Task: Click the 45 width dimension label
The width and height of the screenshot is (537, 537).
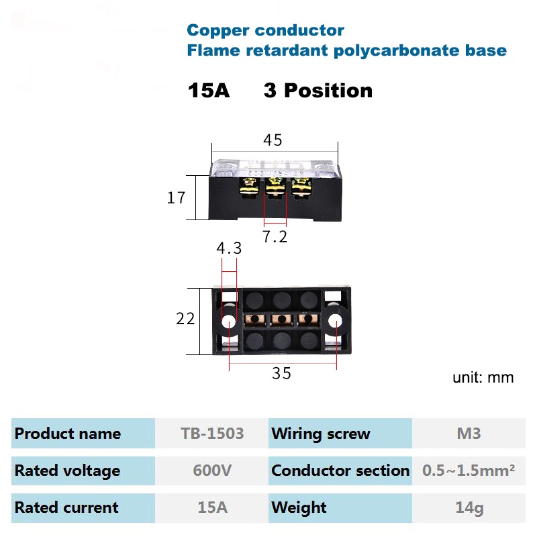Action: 273,140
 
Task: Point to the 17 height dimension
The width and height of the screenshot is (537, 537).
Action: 176,198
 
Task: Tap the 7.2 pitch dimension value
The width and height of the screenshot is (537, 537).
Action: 275,236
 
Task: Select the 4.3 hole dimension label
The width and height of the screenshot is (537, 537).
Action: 229,248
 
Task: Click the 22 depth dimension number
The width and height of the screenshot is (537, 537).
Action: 185,319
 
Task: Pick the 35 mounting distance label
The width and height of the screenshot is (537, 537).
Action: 282,374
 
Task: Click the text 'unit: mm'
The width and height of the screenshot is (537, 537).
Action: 483,377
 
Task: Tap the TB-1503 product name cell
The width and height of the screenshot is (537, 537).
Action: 212,434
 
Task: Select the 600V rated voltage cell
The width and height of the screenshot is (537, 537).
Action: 212,471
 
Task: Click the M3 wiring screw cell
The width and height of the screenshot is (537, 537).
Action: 469,434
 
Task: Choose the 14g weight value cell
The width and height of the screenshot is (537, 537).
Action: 469,507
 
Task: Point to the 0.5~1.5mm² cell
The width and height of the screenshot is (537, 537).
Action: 469,471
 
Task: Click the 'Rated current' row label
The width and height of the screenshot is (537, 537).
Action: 66,507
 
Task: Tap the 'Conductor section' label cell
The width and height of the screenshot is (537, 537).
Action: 340,471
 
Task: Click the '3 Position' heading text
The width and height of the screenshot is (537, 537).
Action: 318,91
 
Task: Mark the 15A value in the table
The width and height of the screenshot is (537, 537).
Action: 212,507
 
